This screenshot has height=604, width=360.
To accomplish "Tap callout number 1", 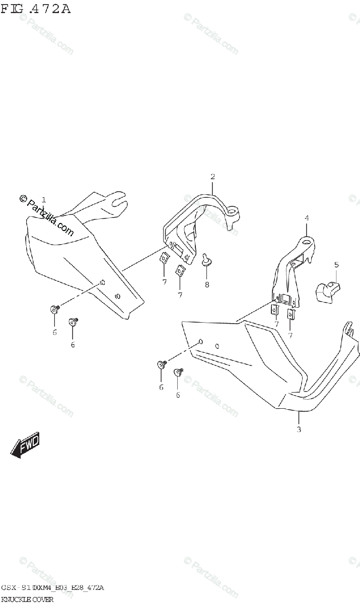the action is [x=44, y=200].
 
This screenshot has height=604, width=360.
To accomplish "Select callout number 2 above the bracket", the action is [x=212, y=177].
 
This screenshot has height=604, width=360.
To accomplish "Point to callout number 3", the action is [x=299, y=429].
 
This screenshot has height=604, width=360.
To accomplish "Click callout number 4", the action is [x=307, y=218].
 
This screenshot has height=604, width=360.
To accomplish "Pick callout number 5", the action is [x=336, y=265].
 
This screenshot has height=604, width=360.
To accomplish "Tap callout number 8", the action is [x=206, y=284].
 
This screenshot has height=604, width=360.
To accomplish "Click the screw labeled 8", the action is [x=206, y=260].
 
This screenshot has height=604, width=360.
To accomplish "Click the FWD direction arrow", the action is [x=25, y=444].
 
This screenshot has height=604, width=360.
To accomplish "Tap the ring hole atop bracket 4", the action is [x=306, y=244].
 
